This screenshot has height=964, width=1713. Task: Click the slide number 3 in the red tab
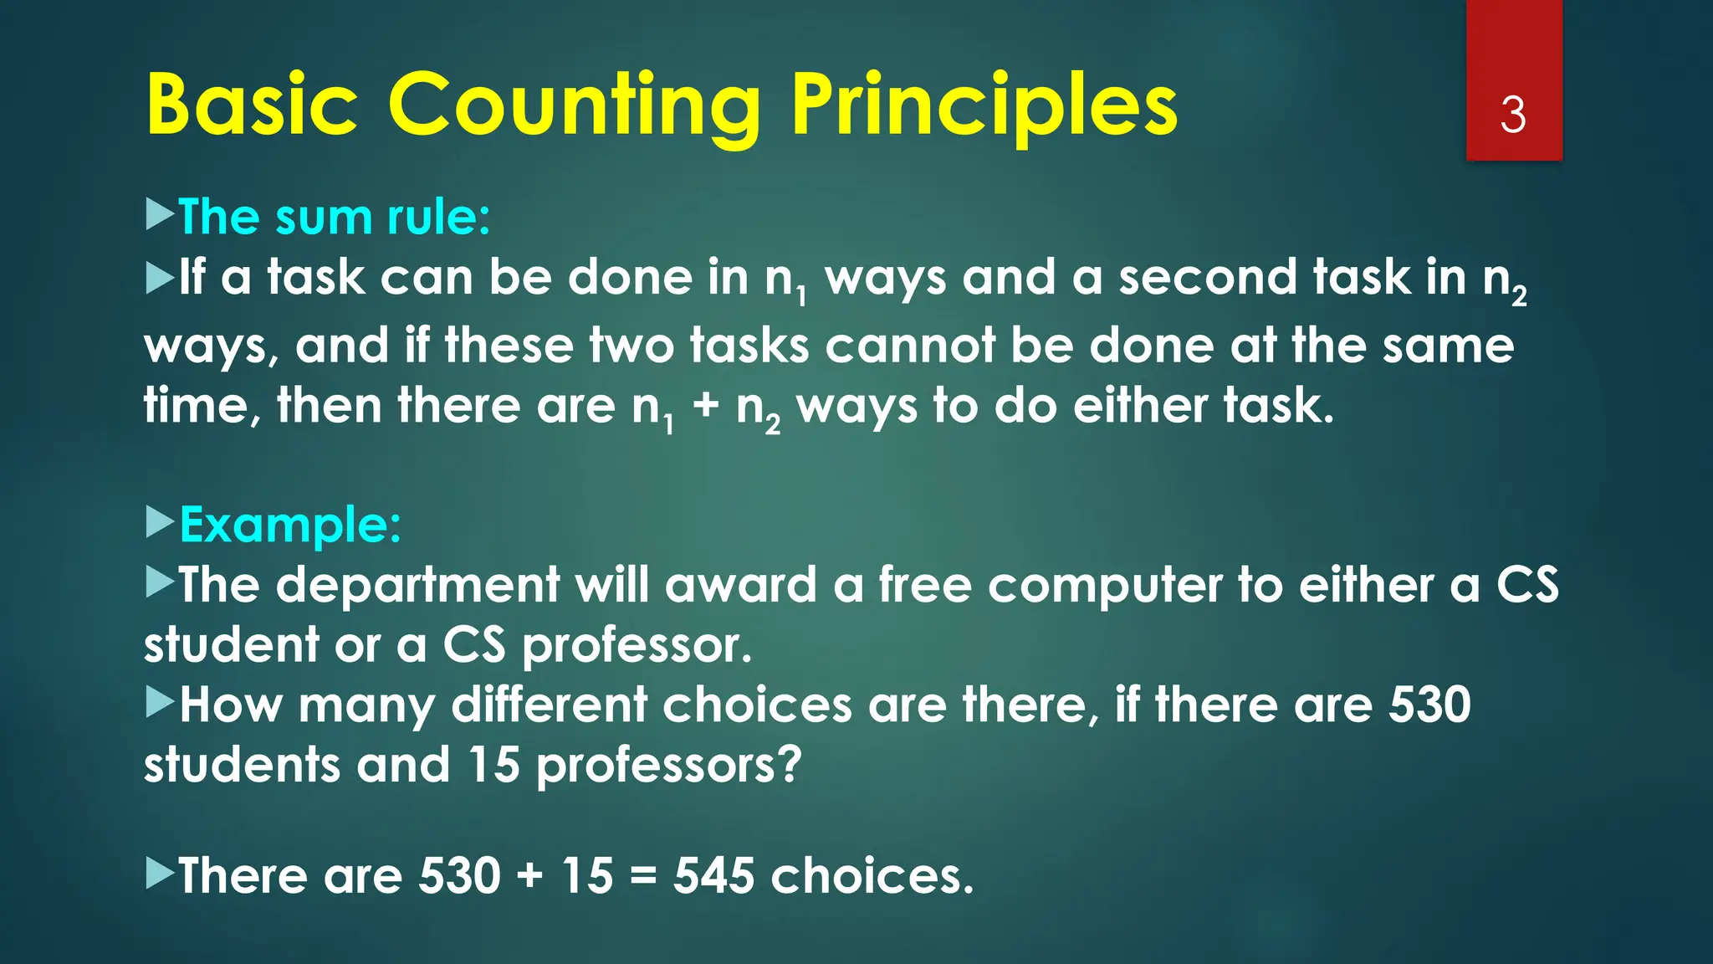click(1513, 115)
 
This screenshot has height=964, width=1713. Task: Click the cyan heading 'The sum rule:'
click(334, 217)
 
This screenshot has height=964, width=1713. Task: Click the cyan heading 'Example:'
click(290, 525)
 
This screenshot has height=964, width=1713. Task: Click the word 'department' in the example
click(417, 585)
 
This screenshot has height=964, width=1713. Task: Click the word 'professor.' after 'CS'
click(637, 645)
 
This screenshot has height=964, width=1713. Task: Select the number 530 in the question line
click(1429, 705)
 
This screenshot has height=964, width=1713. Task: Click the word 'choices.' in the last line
click(872, 876)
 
